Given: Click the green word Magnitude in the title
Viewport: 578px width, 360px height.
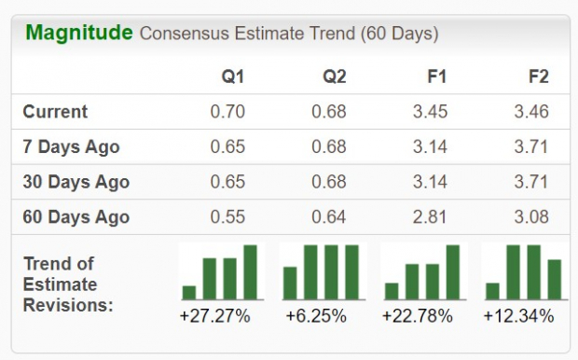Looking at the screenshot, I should click(78, 34).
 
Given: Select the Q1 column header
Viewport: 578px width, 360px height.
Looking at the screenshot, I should click(232, 76).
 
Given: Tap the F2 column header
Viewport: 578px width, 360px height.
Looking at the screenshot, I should click(538, 76).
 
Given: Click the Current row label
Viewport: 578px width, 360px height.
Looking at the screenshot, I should click(55, 112).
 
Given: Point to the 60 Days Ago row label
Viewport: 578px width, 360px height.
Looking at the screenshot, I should click(76, 218).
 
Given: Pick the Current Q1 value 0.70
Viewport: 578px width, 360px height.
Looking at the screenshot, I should click(228, 112).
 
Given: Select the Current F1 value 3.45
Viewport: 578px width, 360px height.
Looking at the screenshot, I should click(430, 112).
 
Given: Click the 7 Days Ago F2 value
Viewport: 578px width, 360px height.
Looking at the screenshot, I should click(531, 147).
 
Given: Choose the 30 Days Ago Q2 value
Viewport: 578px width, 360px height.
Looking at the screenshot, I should click(329, 183).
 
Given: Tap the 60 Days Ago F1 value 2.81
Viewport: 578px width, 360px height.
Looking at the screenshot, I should click(430, 218).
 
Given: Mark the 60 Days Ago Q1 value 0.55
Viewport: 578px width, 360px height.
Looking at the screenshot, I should click(228, 218).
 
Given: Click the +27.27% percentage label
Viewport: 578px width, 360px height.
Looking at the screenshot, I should click(214, 316).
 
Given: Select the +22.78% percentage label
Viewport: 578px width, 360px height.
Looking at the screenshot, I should click(417, 316).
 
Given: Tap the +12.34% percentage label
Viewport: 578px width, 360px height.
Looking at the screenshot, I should click(518, 316).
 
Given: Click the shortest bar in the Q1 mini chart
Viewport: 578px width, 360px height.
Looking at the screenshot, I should click(189, 292).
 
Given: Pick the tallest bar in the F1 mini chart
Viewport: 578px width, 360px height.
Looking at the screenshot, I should click(453, 271).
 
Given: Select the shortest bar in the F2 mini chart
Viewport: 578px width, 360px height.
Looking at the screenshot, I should click(492, 290).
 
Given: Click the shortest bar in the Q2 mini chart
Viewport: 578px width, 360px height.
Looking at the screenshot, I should click(290, 283).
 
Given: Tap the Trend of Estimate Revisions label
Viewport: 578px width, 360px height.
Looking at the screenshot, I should click(67, 284).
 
